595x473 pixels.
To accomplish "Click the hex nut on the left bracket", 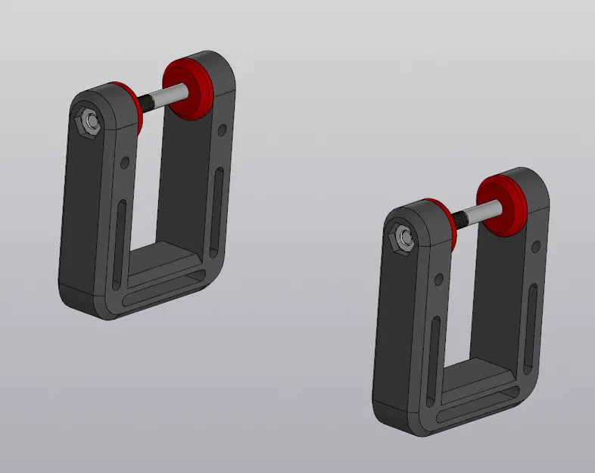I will [x=89, y=121].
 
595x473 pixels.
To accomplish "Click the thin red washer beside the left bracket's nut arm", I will [x=136, y=106].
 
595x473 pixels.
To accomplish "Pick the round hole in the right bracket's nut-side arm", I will [x=439, y=279].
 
